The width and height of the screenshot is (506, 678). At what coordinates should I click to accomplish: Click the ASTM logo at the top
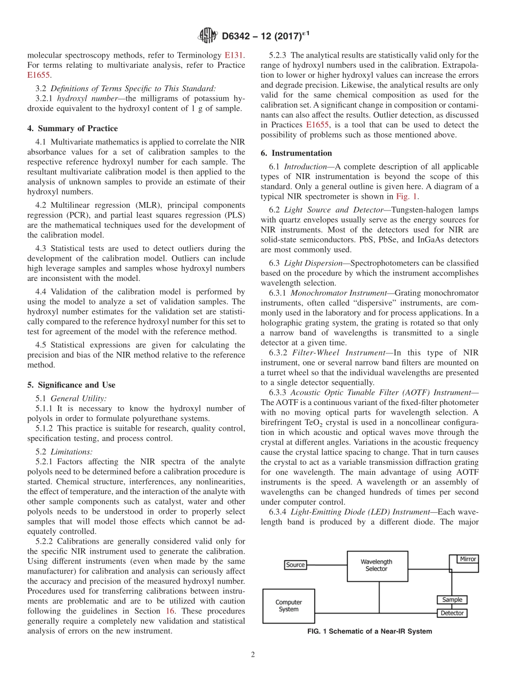click(208, 36)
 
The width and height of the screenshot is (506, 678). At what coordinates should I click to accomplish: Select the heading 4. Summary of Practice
click(72, 128)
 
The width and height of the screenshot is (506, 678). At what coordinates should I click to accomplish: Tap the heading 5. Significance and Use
click(71, 385)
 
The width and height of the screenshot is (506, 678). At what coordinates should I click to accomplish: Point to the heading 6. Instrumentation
click(296, 153)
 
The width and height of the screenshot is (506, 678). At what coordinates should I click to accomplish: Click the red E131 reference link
click(235, 55)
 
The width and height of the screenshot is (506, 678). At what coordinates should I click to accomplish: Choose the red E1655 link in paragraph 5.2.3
click(317, 125)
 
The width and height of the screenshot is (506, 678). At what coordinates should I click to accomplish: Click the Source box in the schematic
click(296, 564)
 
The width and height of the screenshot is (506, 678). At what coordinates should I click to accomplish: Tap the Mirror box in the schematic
click(468, 559)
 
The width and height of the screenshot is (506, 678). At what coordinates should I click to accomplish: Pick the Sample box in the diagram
click(452, 600)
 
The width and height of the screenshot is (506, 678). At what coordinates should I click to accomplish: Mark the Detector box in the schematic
click(452, 613)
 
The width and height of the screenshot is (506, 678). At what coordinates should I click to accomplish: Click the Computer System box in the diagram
click(289, 606)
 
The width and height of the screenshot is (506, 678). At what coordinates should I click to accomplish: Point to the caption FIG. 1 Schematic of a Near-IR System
click(370, 632)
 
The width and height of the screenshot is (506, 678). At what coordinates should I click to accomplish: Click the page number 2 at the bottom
click(252, 655)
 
